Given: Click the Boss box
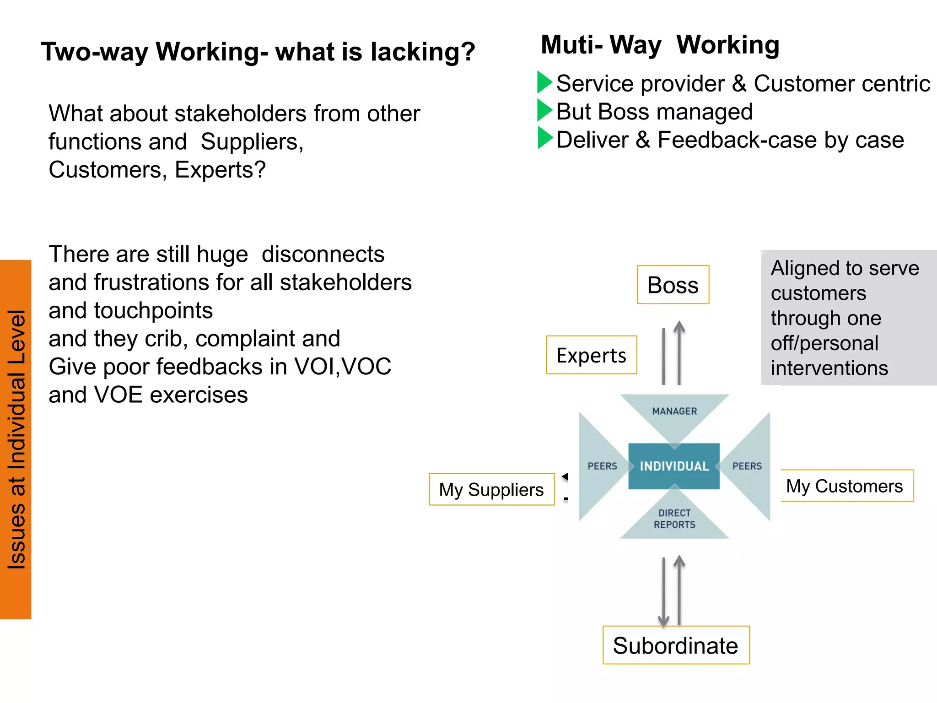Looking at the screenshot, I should coord(673,285).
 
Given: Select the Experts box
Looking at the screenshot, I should coord(591,355).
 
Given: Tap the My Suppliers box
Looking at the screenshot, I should coord(491,489).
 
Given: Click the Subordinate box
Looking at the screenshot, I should coord(676,645).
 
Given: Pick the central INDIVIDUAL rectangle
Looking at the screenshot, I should coord(674,466).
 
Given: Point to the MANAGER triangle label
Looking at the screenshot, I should coord(674,411).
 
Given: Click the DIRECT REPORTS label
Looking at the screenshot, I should coord(674,519).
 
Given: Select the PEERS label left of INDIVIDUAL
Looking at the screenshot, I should coord(602,466).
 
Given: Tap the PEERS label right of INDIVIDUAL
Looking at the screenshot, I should coord(747,466).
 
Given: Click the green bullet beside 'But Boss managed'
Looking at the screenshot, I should coord(544,110).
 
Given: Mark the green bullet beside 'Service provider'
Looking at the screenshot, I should coord(544,82).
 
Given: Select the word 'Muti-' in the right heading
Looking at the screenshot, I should coord(571,45).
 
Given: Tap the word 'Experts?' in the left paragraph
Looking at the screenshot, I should coord(220,170).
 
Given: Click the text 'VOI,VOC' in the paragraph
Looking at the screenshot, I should coord(343,367).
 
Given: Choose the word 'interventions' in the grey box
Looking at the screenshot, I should coord(829,368).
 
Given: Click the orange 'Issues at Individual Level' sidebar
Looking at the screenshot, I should coord(16,439).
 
